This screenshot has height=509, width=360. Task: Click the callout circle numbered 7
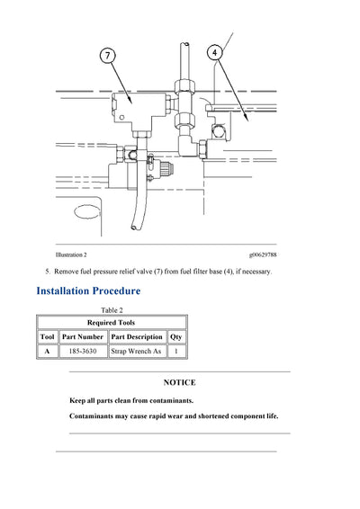coord(108,56)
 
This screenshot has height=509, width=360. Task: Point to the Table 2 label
coord(111,309)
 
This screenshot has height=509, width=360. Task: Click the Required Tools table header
coord(111,322)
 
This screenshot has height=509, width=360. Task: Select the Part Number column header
coord(83,336)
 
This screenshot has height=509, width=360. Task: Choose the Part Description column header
coord(138,336)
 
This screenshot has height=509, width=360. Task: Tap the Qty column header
coord(177,336)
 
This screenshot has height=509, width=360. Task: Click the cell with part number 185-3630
coord(83,352)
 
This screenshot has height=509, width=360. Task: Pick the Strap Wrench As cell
coord(138,352)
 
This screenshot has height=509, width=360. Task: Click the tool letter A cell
coord(48,352)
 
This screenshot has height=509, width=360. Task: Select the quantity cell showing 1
coord(177,352)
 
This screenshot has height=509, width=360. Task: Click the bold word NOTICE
coord(179,382)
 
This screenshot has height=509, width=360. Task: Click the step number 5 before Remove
coord(48,272)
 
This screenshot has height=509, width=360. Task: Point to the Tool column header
coord(48,336)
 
